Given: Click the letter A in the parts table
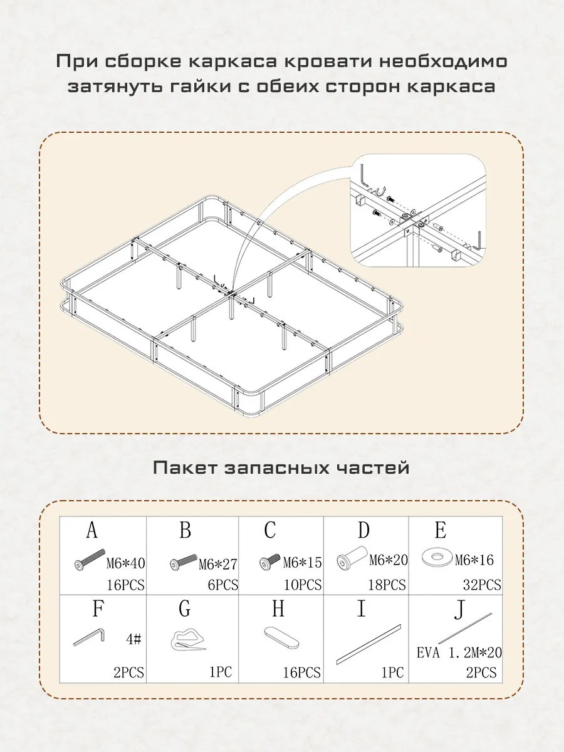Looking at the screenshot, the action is click(x=92, y=530).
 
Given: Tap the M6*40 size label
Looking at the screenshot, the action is click(x=125, y=563).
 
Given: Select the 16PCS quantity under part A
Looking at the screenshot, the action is click(x=126, y=585).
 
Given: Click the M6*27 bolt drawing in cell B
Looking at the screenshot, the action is click(x=184, y=562).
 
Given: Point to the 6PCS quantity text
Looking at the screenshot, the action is click(x=222, y=585).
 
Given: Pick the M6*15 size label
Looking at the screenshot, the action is click(x=303, y=563).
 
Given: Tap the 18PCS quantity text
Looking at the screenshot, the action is click(x=387, y=585).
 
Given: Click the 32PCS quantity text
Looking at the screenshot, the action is click(x=482, y=585).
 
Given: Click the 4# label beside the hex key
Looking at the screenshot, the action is click(x=134, y=639).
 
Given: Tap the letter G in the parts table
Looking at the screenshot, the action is click(x=185, y=610).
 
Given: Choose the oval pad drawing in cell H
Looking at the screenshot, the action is click(x=282, y=637).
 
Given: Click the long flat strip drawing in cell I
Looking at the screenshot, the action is click(x=368, y=644).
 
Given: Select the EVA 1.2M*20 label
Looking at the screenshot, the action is click(x=459, y=652).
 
